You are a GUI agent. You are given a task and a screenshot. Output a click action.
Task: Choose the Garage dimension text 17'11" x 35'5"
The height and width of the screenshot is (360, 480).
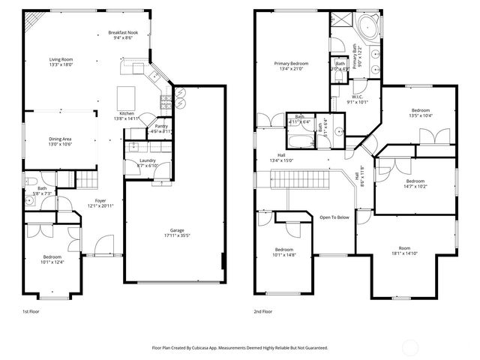click(x=178, y=237)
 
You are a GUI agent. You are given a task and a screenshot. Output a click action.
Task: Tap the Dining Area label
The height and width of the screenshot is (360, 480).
click(x=60, y=139)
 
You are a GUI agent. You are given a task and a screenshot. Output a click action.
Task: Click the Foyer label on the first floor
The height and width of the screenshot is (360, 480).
click(x=99, y=201)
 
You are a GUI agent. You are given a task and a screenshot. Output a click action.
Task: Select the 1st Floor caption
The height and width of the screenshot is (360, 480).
click(x=31, y=310)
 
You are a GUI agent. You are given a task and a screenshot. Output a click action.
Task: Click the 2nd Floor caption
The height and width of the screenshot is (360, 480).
click(x=262, y=310)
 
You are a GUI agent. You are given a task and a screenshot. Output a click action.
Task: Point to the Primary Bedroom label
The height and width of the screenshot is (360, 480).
click(x=291, y=64)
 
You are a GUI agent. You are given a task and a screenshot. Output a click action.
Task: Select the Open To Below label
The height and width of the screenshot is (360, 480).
click(x=334, y=217)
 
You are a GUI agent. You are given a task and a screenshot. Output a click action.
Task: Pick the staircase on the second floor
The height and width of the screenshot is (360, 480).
click(x=300, y=180)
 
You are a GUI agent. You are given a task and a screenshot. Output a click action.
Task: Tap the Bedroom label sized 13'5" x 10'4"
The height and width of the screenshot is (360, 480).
click(x=420, y=110)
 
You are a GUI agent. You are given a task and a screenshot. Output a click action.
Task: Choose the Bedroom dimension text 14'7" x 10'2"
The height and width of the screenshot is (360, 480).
click(x=415, y=187)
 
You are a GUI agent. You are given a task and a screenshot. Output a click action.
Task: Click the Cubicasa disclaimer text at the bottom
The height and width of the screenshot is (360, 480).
click(x=240, y=348)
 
